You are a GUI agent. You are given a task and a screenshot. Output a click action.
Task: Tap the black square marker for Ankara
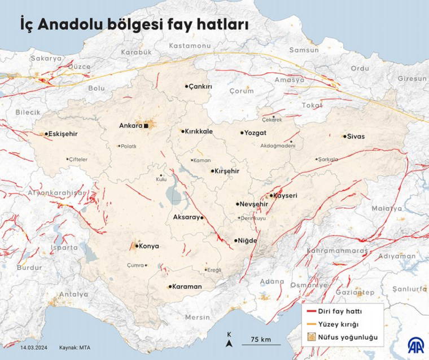(x=146, y=126)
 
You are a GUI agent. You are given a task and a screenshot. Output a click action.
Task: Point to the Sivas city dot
(x=344, y=136)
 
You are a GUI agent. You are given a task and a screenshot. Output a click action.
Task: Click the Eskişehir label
(x=63, y=134)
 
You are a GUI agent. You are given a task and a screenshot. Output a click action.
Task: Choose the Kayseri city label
(x=286, y=196)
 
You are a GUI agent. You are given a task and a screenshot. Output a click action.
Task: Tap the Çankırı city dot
(x=187, y=86)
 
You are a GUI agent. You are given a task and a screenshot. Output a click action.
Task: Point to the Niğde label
(x=248, y=241)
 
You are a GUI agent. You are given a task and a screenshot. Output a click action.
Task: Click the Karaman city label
(x=187, y=287)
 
